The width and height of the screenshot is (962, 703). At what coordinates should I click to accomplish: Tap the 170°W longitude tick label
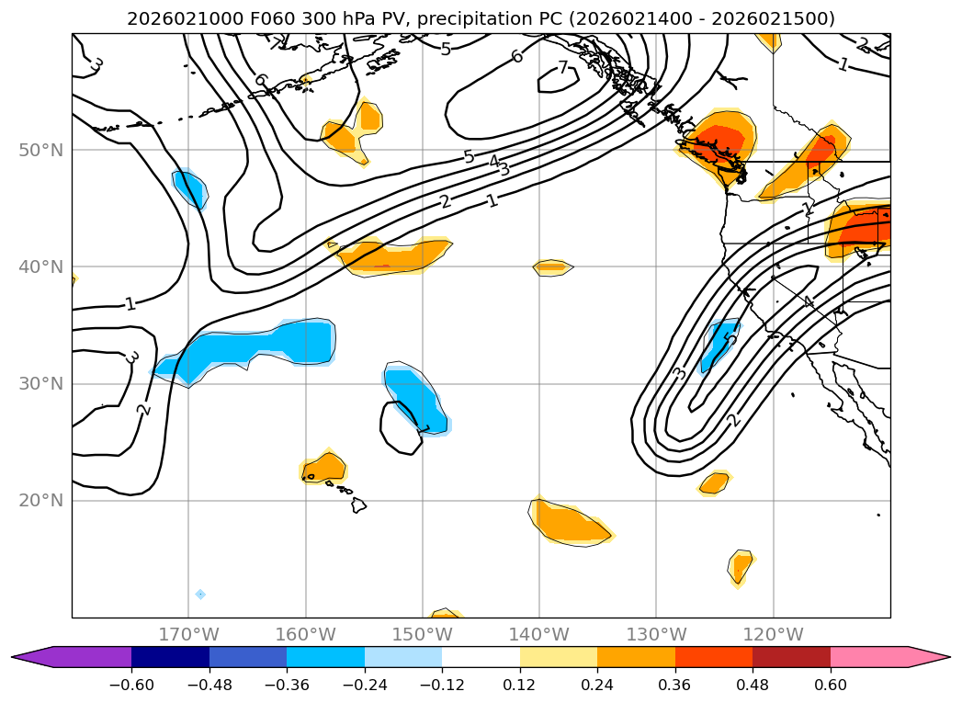tap(188, 634)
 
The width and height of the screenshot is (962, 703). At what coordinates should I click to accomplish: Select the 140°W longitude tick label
tap(539, 634)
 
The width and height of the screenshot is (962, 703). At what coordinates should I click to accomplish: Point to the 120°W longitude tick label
tap(773, 634)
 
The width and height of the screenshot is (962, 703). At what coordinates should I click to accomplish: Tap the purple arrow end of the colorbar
tap(28, 656)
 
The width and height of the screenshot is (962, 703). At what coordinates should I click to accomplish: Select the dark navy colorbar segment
tap(170, 656)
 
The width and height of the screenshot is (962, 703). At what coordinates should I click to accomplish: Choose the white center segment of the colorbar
tap(481, 656)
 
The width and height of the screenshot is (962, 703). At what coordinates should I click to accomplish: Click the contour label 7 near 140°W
tap(562, 67)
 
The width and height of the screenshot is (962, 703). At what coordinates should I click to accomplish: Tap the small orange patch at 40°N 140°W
tap(553, 267)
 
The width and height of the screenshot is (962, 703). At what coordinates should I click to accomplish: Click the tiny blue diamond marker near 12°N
tap(200, 594)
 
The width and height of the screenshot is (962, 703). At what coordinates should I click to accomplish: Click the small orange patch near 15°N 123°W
tap(740, 565)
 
